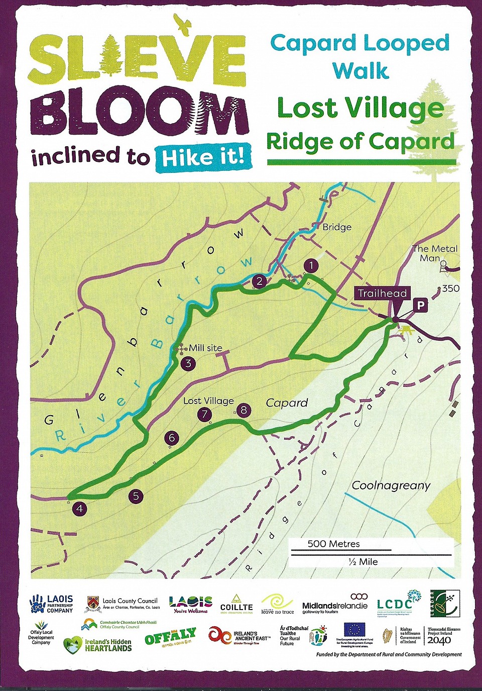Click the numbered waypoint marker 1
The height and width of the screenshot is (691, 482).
(x=311, y=266)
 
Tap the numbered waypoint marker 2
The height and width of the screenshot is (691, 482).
(x=259, y=281)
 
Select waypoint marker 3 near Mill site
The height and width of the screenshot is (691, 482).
(x=188, y=363)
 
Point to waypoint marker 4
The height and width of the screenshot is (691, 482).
(x=79, y=509)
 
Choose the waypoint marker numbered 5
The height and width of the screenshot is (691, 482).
(x=136, y=497)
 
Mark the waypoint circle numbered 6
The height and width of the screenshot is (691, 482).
(x=172, y=438)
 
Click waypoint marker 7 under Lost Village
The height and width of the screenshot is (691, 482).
(x=204, y=415)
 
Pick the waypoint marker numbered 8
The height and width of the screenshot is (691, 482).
(x=244, y=410)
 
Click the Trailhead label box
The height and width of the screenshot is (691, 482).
(x=383, y=293)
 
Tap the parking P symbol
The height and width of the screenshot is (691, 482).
(x=420, y=305)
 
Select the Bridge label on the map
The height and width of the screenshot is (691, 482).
(x=337, y=227)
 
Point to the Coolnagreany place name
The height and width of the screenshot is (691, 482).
(x=391, y=485)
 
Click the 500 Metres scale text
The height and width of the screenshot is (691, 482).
(x=333, y=544)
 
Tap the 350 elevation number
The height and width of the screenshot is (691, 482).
(x=450, y=288)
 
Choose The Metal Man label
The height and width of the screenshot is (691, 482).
(x=434, y=253)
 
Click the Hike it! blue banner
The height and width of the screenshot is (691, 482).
(x=203, y=158)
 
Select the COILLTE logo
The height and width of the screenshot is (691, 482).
(x=236, y=604)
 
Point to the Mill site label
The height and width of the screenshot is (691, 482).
(x=205, y=348)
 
